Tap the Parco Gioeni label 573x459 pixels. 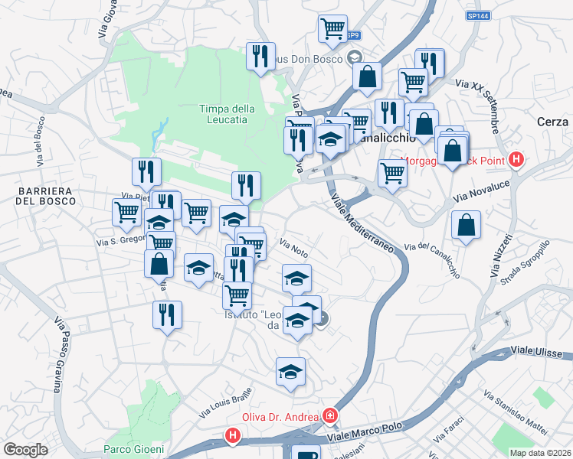click(134, 449)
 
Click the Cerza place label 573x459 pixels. click(552, 122)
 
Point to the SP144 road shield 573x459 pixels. click(477, 15)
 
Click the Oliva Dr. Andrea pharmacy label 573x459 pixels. click(280, 416)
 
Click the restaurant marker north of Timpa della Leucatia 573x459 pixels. click(260, 56)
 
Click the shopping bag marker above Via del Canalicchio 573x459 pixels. click(465, 225)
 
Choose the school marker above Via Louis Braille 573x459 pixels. click(290, 372)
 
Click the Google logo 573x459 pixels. click(25, 450)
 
